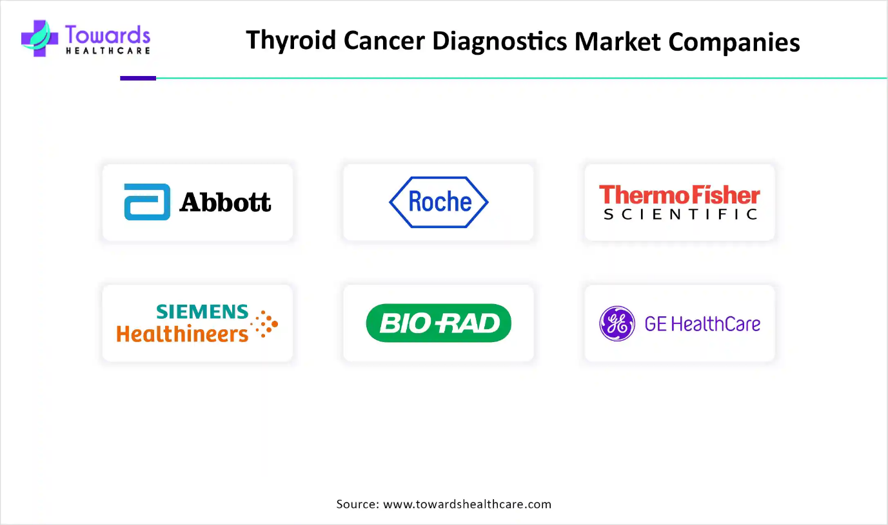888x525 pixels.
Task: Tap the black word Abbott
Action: pos(225,202)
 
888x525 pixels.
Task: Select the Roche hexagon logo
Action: pos(439,202)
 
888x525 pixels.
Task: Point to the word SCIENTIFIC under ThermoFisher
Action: pos(680,215)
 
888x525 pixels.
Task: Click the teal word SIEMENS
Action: pos(202,312)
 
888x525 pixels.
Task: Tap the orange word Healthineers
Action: pos(183,334)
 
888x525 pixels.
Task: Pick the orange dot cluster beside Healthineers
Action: pos(264,324)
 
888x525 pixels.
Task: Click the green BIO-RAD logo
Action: pos(439,323)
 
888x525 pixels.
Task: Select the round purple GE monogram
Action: pos(617,323)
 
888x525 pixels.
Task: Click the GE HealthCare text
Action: pos(702,324)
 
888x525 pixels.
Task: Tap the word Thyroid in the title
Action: pos(291,41)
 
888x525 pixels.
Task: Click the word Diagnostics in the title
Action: pos(500,41)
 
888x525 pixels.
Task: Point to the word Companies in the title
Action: pos(734,42)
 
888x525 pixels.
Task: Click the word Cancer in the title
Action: pos(384,41)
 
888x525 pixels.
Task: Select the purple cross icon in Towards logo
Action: pos(39,39)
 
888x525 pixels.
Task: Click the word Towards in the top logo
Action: pos(108,34)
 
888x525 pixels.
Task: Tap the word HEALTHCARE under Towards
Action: pos(108,51)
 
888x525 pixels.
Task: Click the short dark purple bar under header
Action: pos(138,79)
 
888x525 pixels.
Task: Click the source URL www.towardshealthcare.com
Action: pos(467,504)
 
